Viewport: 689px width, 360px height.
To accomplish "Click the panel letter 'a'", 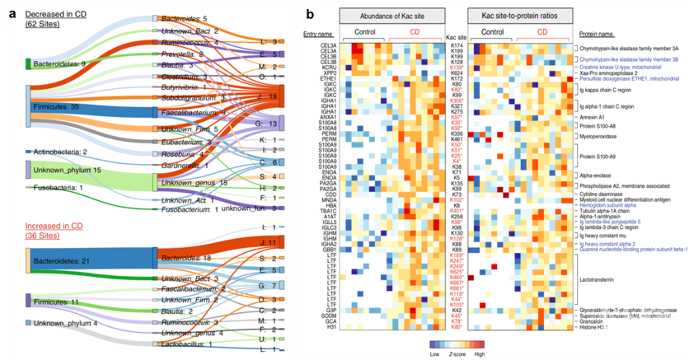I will pyautogui.click(x=12, y=12).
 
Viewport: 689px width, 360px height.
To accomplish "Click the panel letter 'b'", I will pyautogui.click(x=309, y=12).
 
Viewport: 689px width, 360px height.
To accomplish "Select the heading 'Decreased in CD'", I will pyautogui.click(x=59, y=17).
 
